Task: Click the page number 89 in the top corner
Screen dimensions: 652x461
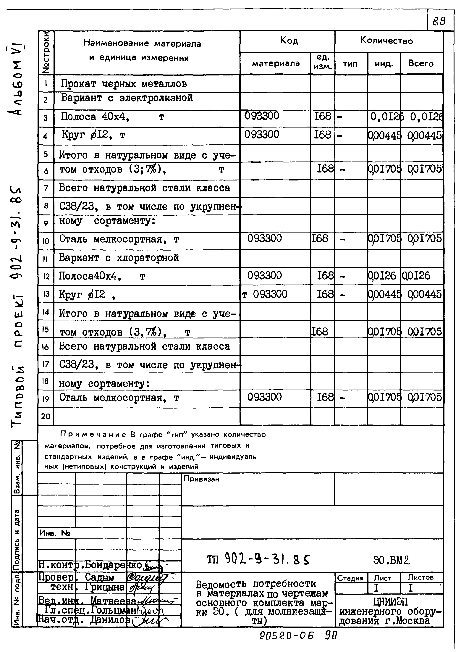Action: point(439,21)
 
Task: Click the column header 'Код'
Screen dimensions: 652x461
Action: point(289,41)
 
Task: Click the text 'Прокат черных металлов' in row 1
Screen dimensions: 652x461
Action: point(124,84)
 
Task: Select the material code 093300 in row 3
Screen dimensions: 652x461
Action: point(262,116)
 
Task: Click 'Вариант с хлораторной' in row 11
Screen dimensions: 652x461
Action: point(119,258)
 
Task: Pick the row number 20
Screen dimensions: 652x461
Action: point(46,417)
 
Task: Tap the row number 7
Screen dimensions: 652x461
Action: point(46,188)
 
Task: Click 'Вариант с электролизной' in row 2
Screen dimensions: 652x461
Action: point(127,98)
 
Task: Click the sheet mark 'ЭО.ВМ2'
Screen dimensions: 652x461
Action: point(392,560)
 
